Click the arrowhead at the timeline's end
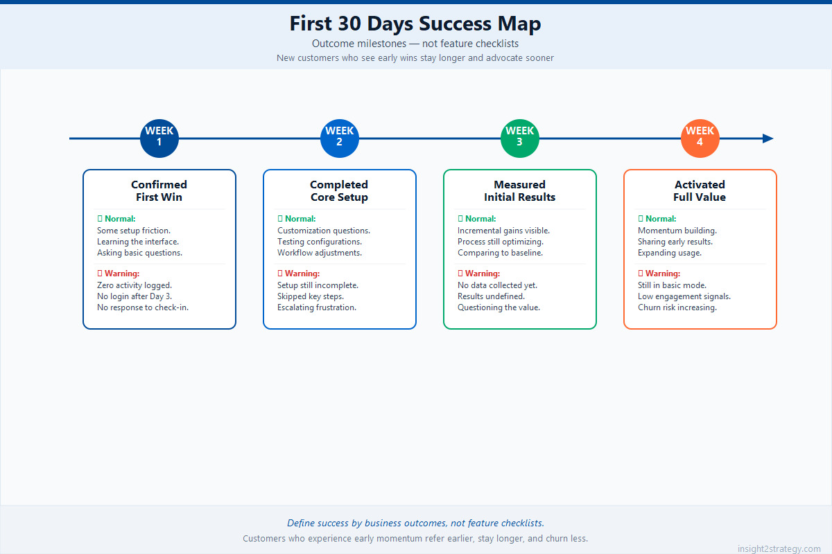click(x=768, y=138)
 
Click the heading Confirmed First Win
click(x=159, y=190)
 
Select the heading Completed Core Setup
click(x=340, y=190)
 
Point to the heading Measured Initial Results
click(x=520, y=190)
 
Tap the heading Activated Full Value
click(x=700, y=190)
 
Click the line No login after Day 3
click(x=135, y=296)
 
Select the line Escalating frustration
click(x=317, y=307)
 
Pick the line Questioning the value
click(x=499, y=307)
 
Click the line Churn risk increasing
click(x=677, y=307)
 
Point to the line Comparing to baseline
click(x=500, y=253)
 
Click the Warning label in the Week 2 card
click(x=302, y=274)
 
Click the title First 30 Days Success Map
click(x=415, y=24)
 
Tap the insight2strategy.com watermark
click(x=779, y=548)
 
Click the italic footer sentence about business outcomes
click(x=415, y=523)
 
